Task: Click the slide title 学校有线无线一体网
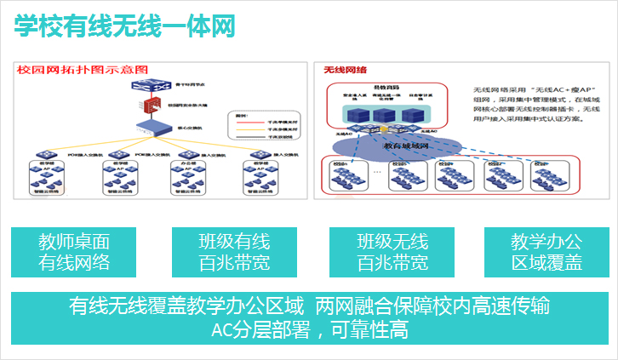coord(124,26)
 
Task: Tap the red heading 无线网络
coord(345,69)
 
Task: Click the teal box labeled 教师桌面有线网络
coord(74,252)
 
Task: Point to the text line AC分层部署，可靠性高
coord(310,329)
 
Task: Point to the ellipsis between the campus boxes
coord(376,171)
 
